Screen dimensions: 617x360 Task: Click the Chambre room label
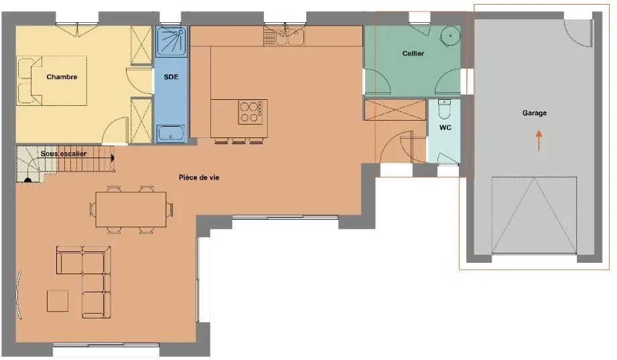[62, 77]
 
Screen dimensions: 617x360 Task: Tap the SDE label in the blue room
[172, 77]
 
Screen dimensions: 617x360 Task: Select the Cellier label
[413, 53]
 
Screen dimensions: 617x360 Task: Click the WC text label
[445, 127]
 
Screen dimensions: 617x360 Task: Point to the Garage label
[535, 113]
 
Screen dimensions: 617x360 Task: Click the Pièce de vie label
[199, 178]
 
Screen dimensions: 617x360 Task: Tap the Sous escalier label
[64, 154]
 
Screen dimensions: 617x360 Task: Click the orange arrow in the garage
[539, 141]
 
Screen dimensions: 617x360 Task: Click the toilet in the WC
[444, 109]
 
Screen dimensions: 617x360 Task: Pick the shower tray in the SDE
[172, 42]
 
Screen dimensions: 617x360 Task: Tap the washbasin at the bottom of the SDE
[171, 133]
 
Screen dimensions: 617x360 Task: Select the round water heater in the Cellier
[450, 36]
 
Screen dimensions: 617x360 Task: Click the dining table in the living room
[131, 210]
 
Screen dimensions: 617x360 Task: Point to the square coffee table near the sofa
[58, 301]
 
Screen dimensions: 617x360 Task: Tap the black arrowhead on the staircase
[112, 158]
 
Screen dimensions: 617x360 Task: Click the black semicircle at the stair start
[28, 181]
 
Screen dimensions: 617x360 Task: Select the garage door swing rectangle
[534, 215]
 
